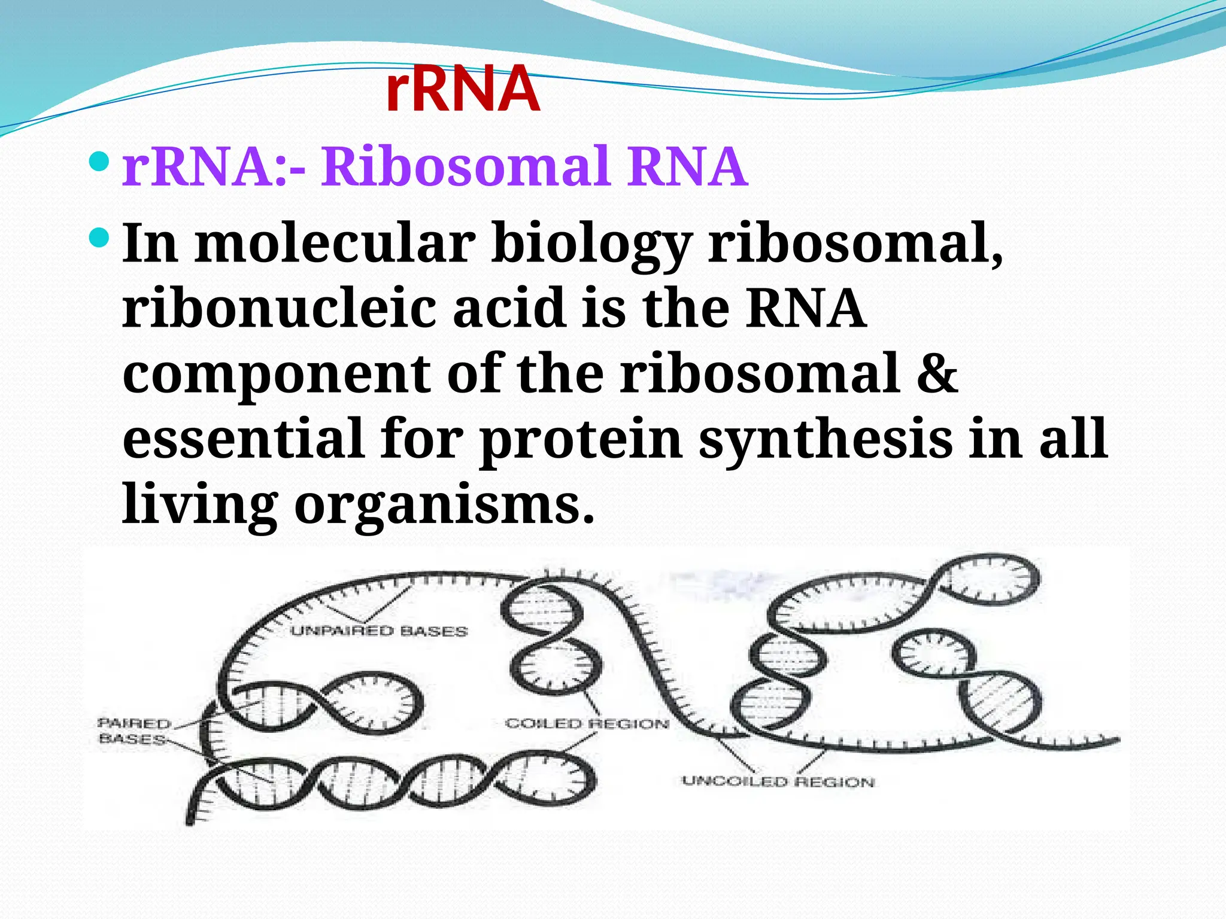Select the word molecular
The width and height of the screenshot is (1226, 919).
coord(335,244)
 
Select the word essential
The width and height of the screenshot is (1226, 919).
coord(244,438)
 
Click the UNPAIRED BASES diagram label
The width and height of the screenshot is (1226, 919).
coord(379,631)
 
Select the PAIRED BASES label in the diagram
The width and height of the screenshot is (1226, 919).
coord(133,731)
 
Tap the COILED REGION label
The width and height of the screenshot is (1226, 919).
coord(587,724)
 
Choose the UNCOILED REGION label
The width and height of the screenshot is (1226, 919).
coord(778,781)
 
